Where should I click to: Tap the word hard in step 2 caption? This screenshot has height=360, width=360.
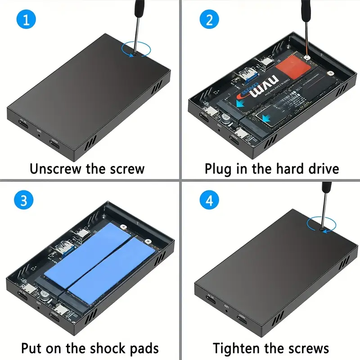(x=285, y=169)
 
